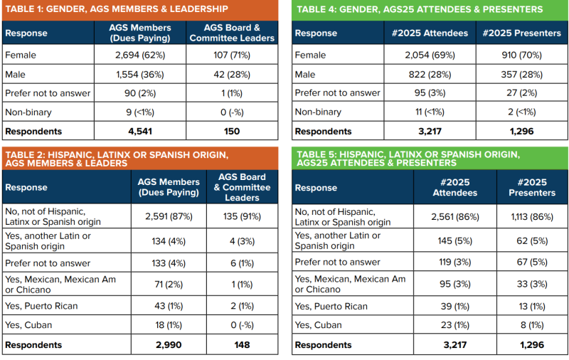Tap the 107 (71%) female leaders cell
232,55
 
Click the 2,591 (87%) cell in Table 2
169,216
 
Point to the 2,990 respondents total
169,345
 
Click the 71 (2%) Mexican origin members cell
169,285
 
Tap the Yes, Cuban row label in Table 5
319,326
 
